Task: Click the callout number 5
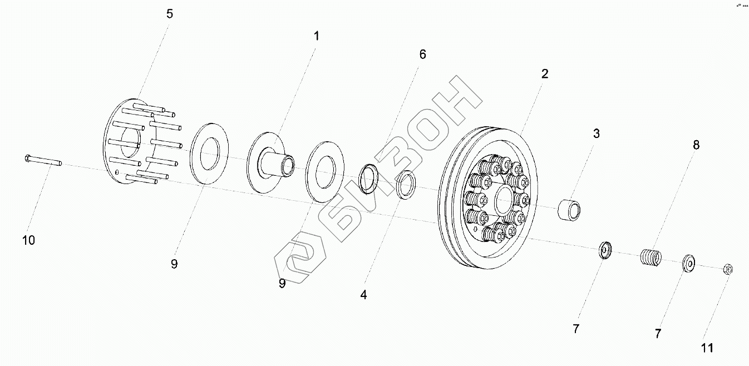(170, 14)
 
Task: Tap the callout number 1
(316, 37)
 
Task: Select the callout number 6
(422, 55)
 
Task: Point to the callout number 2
(545, 73)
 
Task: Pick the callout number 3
(596, 133)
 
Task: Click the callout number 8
(696, 145)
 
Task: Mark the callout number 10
(28, 240)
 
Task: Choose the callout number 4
(363, 295)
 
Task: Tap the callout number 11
(707, 348)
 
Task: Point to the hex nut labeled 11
(727, 270)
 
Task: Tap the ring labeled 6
(367, 178)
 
